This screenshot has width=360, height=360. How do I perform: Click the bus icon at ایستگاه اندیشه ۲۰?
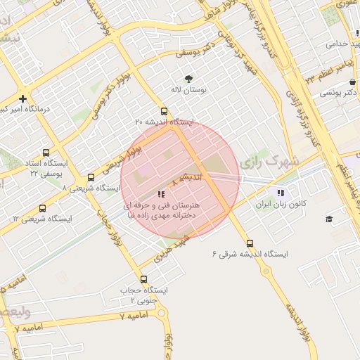coord(164,111)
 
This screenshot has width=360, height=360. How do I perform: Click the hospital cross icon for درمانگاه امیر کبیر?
coord(23,98)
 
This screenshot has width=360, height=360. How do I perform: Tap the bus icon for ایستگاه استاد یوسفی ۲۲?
coord(46,153)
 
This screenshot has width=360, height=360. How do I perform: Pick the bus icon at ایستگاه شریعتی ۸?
coord(91,177)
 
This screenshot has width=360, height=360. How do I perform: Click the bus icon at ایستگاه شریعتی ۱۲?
coord(43,208)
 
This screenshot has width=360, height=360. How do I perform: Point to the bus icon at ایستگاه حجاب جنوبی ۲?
coord(143,279)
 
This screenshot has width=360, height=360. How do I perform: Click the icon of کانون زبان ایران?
coord(281,193)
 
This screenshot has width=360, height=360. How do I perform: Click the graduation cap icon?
coord(329,219)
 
